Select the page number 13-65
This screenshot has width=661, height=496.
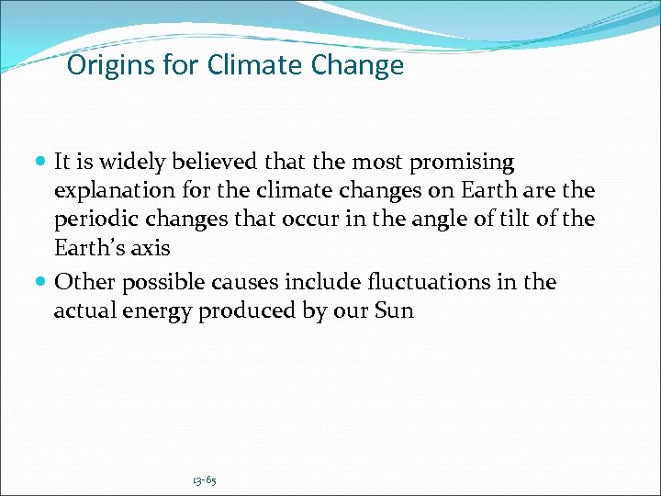(x=204, y=480)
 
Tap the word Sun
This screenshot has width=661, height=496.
(x=394, y=311)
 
